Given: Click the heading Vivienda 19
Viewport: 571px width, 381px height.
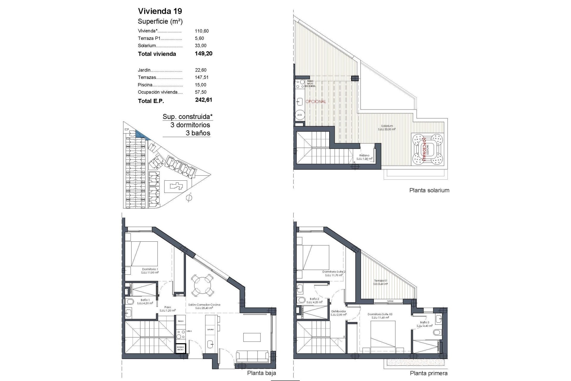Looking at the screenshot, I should coord(160,11).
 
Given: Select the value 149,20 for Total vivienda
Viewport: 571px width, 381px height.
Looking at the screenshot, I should coord(204,54).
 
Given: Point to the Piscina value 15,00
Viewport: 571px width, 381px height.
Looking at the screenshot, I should coord(200,85).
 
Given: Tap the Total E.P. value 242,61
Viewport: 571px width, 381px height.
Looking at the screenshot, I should coord(204,100).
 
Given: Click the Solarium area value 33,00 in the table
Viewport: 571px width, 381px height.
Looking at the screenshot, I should coord(200,46).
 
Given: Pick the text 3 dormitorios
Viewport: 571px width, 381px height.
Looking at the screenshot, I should coord(190,125).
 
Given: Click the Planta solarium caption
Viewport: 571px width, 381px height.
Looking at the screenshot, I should coord(429,190).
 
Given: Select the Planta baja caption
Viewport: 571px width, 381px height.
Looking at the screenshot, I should coord(261,373).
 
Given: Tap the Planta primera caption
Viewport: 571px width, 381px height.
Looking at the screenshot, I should coord(429,373).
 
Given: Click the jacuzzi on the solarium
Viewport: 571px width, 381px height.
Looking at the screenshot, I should coord(428,149).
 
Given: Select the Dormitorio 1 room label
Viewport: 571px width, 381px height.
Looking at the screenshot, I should coord(150,269).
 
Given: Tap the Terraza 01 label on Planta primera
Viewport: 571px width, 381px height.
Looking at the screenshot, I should coord(380,281).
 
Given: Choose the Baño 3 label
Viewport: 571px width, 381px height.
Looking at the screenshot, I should coord(424,322).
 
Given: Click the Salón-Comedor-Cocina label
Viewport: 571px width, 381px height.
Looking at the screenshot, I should coord(204,305).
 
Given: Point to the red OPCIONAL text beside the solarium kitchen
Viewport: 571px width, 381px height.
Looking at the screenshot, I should coord(316,102).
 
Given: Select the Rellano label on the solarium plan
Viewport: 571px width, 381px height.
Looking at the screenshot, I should coord(364,155).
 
